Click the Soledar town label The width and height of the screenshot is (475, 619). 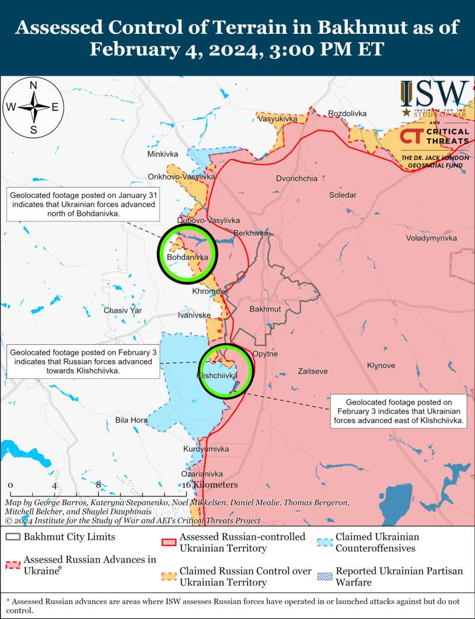coord(343,195)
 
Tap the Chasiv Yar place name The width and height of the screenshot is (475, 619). coord(123,310)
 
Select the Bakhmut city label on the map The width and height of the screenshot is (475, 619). coord(265,310)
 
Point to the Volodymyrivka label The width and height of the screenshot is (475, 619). coord(432,238)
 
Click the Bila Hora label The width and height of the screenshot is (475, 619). coord(131,420)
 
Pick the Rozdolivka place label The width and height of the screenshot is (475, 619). coord(347,114)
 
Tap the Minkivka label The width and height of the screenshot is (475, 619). coord(163,154)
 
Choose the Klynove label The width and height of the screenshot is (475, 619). coord(381,365)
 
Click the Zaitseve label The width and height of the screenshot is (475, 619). coord(312,371)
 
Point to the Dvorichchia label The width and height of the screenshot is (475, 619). coord(296,178)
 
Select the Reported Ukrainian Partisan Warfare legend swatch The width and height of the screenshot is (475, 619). coord(324,576)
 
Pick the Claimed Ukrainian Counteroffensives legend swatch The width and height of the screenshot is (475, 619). coord(324,542)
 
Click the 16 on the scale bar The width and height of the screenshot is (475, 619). coord(186,485)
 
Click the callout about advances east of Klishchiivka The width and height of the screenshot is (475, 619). coord(398,412)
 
